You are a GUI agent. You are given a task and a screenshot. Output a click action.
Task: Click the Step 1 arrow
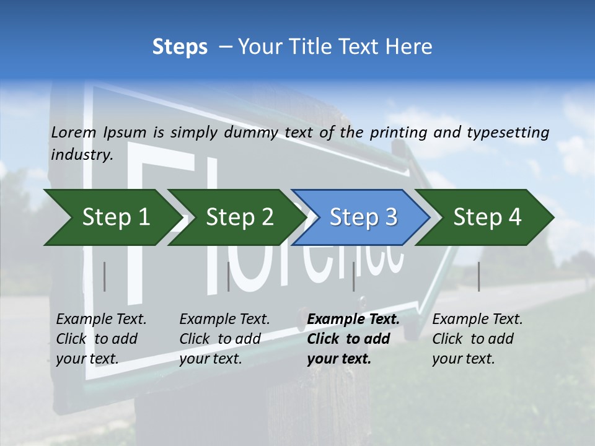click(112, 217)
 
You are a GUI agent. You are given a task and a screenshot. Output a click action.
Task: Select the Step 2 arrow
click(236, 217)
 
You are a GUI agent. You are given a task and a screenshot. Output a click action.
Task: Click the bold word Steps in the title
click(180, 47)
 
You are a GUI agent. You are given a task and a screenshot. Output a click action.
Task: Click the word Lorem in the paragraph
click(74, 132)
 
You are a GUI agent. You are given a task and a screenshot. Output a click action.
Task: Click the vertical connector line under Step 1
click(105, 276)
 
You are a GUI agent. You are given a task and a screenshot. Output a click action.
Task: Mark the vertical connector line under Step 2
click(229, 276)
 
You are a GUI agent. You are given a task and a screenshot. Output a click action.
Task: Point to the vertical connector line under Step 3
click(354, 276)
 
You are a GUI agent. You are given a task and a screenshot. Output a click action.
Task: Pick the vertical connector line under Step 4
click(478, 276)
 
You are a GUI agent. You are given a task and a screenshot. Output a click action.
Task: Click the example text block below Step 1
click(101, 339)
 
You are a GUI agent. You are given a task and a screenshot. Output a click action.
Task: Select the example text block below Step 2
click(224, 339)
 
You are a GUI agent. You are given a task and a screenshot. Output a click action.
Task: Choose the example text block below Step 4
click(477, 339)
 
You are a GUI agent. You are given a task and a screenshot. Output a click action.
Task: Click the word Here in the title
click(412, 47)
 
